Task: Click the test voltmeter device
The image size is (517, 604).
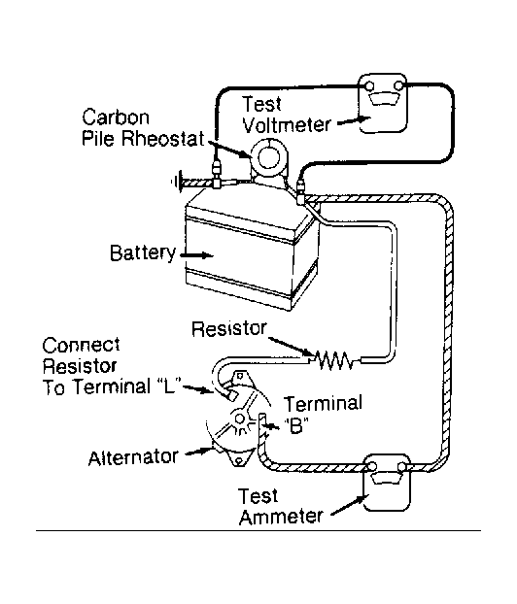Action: (383, 103)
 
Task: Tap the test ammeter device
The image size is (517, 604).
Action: (387, 483)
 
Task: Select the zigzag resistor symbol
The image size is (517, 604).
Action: (334, 360)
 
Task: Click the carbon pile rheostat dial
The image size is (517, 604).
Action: (268, 158)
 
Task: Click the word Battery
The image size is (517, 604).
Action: (143, 253)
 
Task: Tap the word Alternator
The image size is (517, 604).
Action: (133, 458)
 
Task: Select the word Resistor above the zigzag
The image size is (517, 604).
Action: (229, 328)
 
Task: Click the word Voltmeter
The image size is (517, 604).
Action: (287, 125)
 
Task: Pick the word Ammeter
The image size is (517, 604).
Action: (281, 517)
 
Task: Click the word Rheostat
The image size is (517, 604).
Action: (162, 138)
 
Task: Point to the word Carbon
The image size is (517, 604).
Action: (116, 117)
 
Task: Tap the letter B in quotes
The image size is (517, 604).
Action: (295, 425)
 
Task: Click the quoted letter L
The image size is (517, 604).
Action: (170, 386)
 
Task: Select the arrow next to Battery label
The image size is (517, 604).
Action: (196, 255)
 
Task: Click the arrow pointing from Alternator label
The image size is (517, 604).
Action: (199, 452)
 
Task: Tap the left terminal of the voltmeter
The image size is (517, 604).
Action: (369, 85)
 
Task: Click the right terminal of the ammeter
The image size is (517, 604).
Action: (401, 467)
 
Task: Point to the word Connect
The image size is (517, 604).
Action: (81, 346)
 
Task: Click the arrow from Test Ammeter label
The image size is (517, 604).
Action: (348, 505)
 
